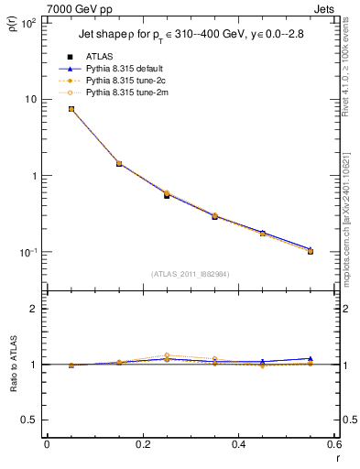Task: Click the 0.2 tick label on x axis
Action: (x=142, y=445)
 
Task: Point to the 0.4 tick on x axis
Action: (x=238, y=445)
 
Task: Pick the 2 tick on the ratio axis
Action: (x=33, y=309)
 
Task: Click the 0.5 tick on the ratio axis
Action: (x=29, y=420)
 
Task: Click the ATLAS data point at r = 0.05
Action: (x=71, y=109)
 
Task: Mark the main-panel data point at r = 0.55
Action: (x=311, y=251)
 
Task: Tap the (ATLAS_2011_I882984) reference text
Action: (x=190, y=274)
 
